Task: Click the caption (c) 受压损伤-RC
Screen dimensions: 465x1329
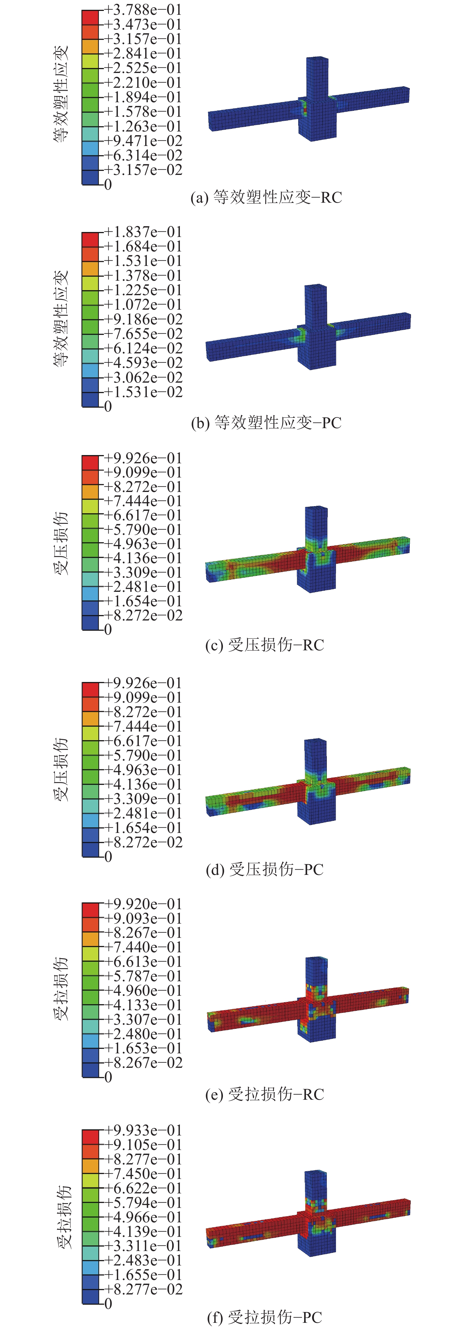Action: tap(265, 645)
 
